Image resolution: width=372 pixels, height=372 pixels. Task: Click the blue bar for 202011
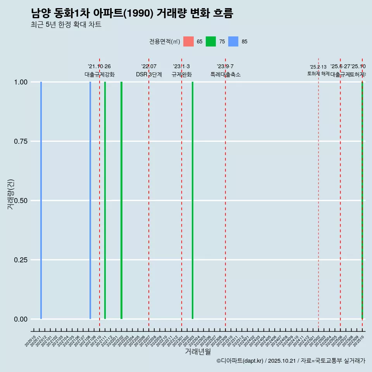click(41, 200)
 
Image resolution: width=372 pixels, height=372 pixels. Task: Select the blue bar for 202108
click(90, 200)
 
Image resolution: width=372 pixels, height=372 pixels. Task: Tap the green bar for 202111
click(105, 200)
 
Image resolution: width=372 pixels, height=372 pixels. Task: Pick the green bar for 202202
click(121, 200)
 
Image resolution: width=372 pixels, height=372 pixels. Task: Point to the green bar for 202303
click(193, 200)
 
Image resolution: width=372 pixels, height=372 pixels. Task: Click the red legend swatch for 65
click(188, 41)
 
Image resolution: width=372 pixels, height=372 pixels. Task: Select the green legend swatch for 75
click(211, 41)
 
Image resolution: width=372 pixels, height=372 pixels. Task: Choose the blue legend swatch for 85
click(233, 41)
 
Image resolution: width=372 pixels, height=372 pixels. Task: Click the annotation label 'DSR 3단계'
click(149, 74)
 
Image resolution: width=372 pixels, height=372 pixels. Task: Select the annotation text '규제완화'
click(182, 74)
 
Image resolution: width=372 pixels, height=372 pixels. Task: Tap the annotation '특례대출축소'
click(226, 74)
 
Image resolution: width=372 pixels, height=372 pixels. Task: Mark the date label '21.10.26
click(100, 67)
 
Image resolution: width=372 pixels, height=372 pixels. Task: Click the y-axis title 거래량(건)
click(10, 195)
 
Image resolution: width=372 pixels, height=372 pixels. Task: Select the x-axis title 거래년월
click(198, 352)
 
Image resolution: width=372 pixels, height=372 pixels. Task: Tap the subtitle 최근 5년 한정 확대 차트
click(66, 25)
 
